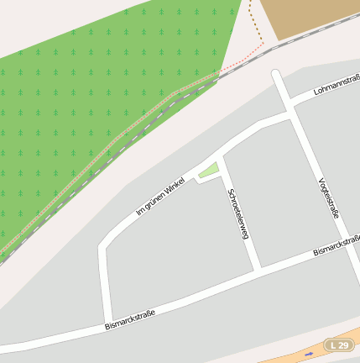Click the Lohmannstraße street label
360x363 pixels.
(x=336, y=86)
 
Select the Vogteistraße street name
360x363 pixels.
(x=329, y=198)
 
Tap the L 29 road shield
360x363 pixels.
(x=338, y=345)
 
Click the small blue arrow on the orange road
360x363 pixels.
(x=310, y=354)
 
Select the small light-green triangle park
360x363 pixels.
(x=208, y=171)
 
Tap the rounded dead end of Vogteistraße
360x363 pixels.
(x=276, y=75)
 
